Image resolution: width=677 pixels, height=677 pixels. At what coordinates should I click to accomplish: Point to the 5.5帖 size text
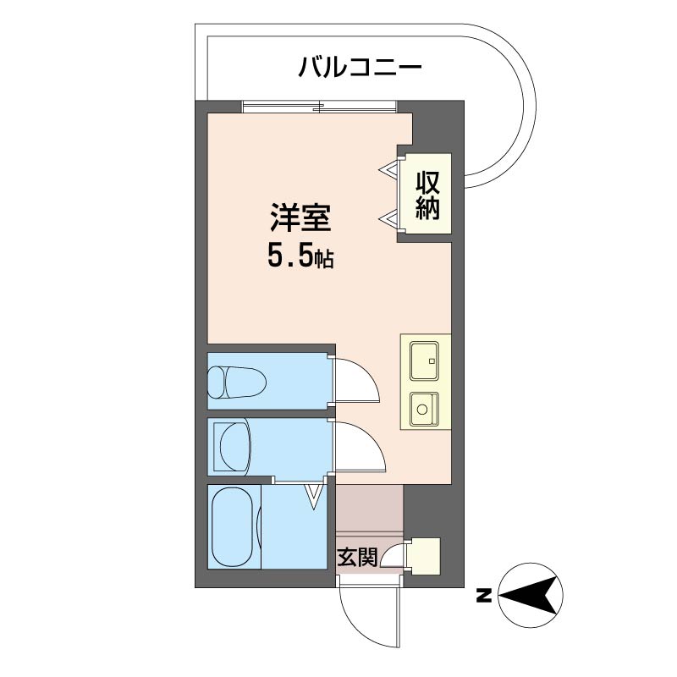point(300,256)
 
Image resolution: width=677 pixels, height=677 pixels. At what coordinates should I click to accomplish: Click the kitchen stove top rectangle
point(422,361)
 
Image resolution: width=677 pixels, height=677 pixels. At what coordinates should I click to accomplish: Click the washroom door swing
point(360,445)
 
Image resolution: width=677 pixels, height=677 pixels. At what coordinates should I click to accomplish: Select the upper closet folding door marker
point(389,169)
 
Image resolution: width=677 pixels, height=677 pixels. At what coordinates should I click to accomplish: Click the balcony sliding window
point(319,106)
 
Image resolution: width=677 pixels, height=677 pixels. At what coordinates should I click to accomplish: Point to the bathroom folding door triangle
point(315,495)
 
